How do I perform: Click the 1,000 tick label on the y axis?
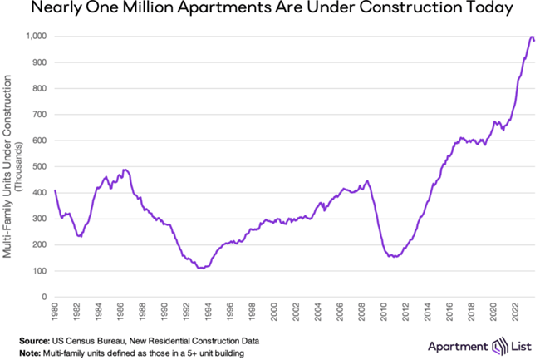(x=36, y=37)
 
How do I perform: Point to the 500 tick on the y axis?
(x=39, y=166)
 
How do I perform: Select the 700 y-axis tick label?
(x=39, y=115)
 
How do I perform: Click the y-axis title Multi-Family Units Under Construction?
(x=8, y=166)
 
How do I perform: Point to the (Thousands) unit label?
(x=19, y=166)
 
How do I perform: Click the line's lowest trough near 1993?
(x=199, y=269)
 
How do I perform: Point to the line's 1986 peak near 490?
(x=125, y=170)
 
